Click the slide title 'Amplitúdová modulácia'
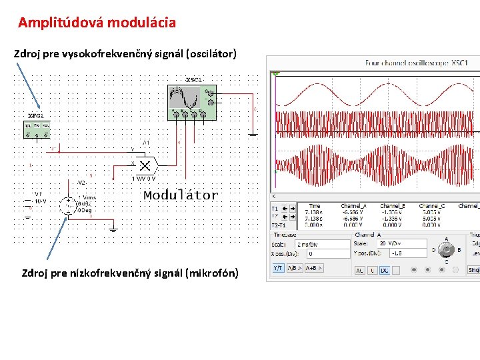pos(97,23)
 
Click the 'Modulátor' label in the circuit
pos(181,195)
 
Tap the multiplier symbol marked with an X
pos(145,165)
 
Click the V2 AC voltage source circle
pos(68,205)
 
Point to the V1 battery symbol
pos(27,200)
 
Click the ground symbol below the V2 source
pos(113,229)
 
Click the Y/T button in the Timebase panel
pos(278,268)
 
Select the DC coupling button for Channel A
pos(385,270)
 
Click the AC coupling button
pos(359,270)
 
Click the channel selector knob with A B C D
pos(447,250)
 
